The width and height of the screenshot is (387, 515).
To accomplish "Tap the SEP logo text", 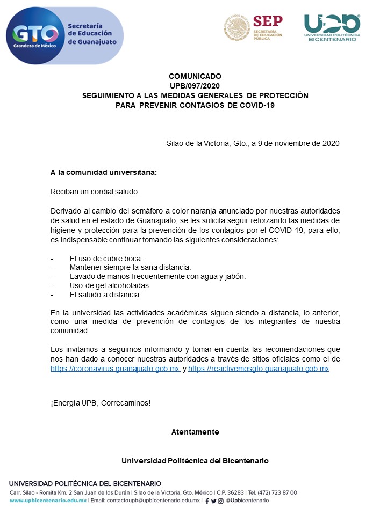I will (x=267, y=21).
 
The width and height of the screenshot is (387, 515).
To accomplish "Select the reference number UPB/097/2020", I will (x=195, y=86).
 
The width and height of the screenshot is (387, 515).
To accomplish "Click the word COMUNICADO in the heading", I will (x=195, y=76).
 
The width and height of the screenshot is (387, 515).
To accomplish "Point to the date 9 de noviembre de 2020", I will (x=295, y=144).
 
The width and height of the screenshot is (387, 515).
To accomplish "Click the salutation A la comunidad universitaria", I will (x=104, y=173).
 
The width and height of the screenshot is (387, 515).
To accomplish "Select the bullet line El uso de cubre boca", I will (x=106, y=258).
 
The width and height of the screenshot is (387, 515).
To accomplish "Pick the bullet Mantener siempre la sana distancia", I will (x=130, y=267).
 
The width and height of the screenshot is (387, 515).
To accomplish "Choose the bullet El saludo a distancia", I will (x=105, y=295).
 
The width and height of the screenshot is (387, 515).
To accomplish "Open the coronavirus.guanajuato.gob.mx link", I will (x=115, y=369).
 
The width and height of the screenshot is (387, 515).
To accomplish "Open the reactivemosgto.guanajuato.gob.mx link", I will (x=259, y=369).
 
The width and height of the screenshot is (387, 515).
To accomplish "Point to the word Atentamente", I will (x=195, y=432).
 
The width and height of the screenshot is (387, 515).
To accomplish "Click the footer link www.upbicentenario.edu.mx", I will (x=48, y=501).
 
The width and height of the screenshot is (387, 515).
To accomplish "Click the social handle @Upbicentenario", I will (x=248, y=501).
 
